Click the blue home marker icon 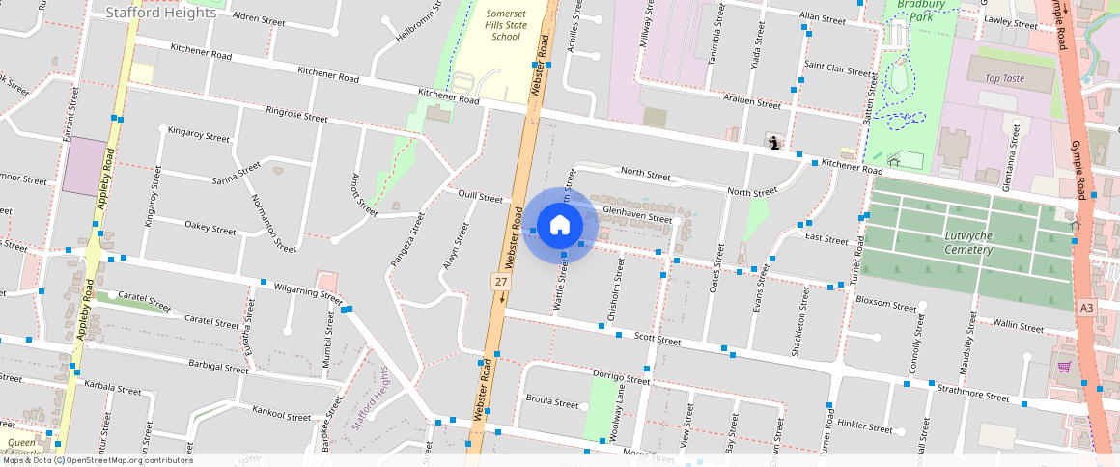point(559,226)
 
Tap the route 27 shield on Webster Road point(500,281)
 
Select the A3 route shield point(1087,307)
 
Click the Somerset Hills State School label point(506,22)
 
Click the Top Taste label point(1004,78)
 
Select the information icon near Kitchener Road point(773,143)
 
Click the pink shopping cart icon point(1063,367)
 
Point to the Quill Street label point(482,198)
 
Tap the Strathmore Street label point(973,395)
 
